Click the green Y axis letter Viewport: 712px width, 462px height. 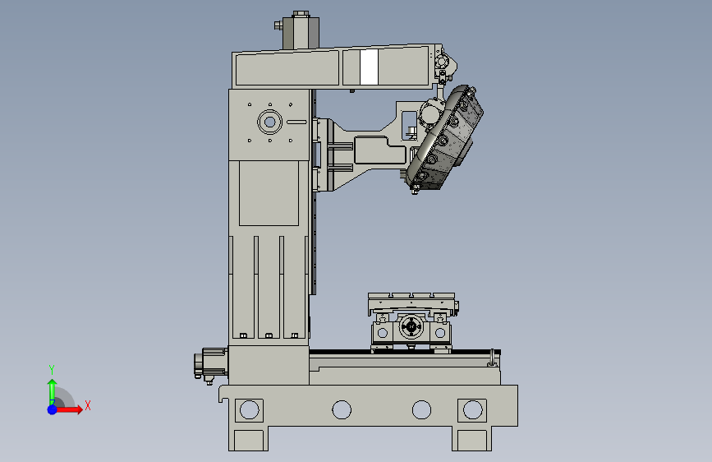point(52,370)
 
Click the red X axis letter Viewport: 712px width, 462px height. point(88,405)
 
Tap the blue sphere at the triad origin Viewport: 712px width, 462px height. point(53,409)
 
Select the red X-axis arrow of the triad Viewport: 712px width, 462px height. point(68,409)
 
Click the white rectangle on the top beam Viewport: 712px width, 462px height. point(369,67)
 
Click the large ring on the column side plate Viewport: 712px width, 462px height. point(269,122)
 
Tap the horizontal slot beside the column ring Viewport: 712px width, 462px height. point(296,122)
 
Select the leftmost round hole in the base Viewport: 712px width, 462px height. point(250,409)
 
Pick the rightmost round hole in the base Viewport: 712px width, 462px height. point(473,409)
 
